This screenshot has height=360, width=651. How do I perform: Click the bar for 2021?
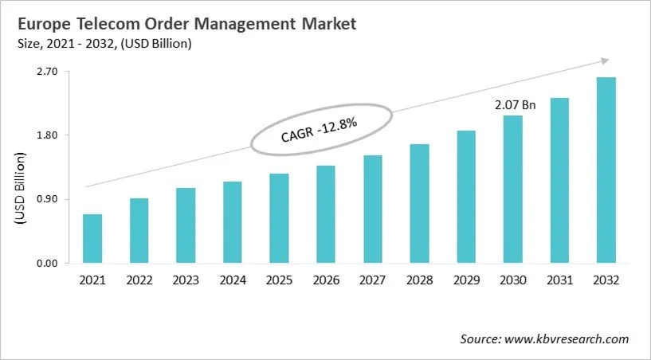(92, 238)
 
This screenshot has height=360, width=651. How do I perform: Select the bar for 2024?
(232, 222)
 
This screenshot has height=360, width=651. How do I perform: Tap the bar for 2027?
(372, 209)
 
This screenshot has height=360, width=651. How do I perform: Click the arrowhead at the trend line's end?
(605, 60)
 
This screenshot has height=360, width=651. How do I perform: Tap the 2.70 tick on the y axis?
(48, 72)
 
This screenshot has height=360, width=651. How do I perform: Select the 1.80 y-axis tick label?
(48, 135)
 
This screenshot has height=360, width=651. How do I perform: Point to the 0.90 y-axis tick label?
(48, 199)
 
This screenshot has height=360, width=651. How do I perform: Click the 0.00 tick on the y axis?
(48, 264)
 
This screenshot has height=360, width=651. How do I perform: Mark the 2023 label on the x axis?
(186, 280)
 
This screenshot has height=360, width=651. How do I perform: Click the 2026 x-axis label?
(326, 280)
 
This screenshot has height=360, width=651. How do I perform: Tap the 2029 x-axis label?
(466, 280)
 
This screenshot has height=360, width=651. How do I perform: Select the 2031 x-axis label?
(559, 280)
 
